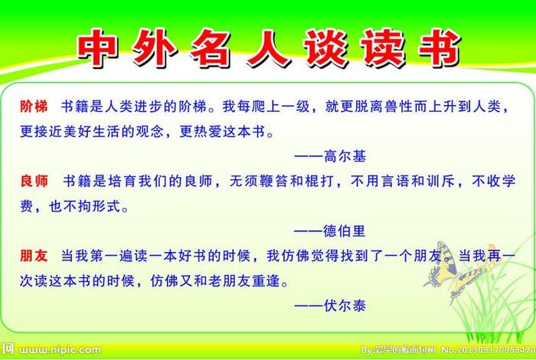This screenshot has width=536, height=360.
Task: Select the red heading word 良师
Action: click(x=34, y=182)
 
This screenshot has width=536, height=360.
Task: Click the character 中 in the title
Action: click(x=98, y=49)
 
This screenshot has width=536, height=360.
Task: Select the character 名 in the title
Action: click(x=211, y=49)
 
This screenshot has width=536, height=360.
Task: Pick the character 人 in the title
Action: click(x=267, y=49)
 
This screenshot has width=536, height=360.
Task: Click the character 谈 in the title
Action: click(x=324, y=49)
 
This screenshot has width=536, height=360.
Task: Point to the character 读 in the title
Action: click(x=381, y=49)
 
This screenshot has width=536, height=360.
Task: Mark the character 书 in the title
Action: click(x=437, y=49)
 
